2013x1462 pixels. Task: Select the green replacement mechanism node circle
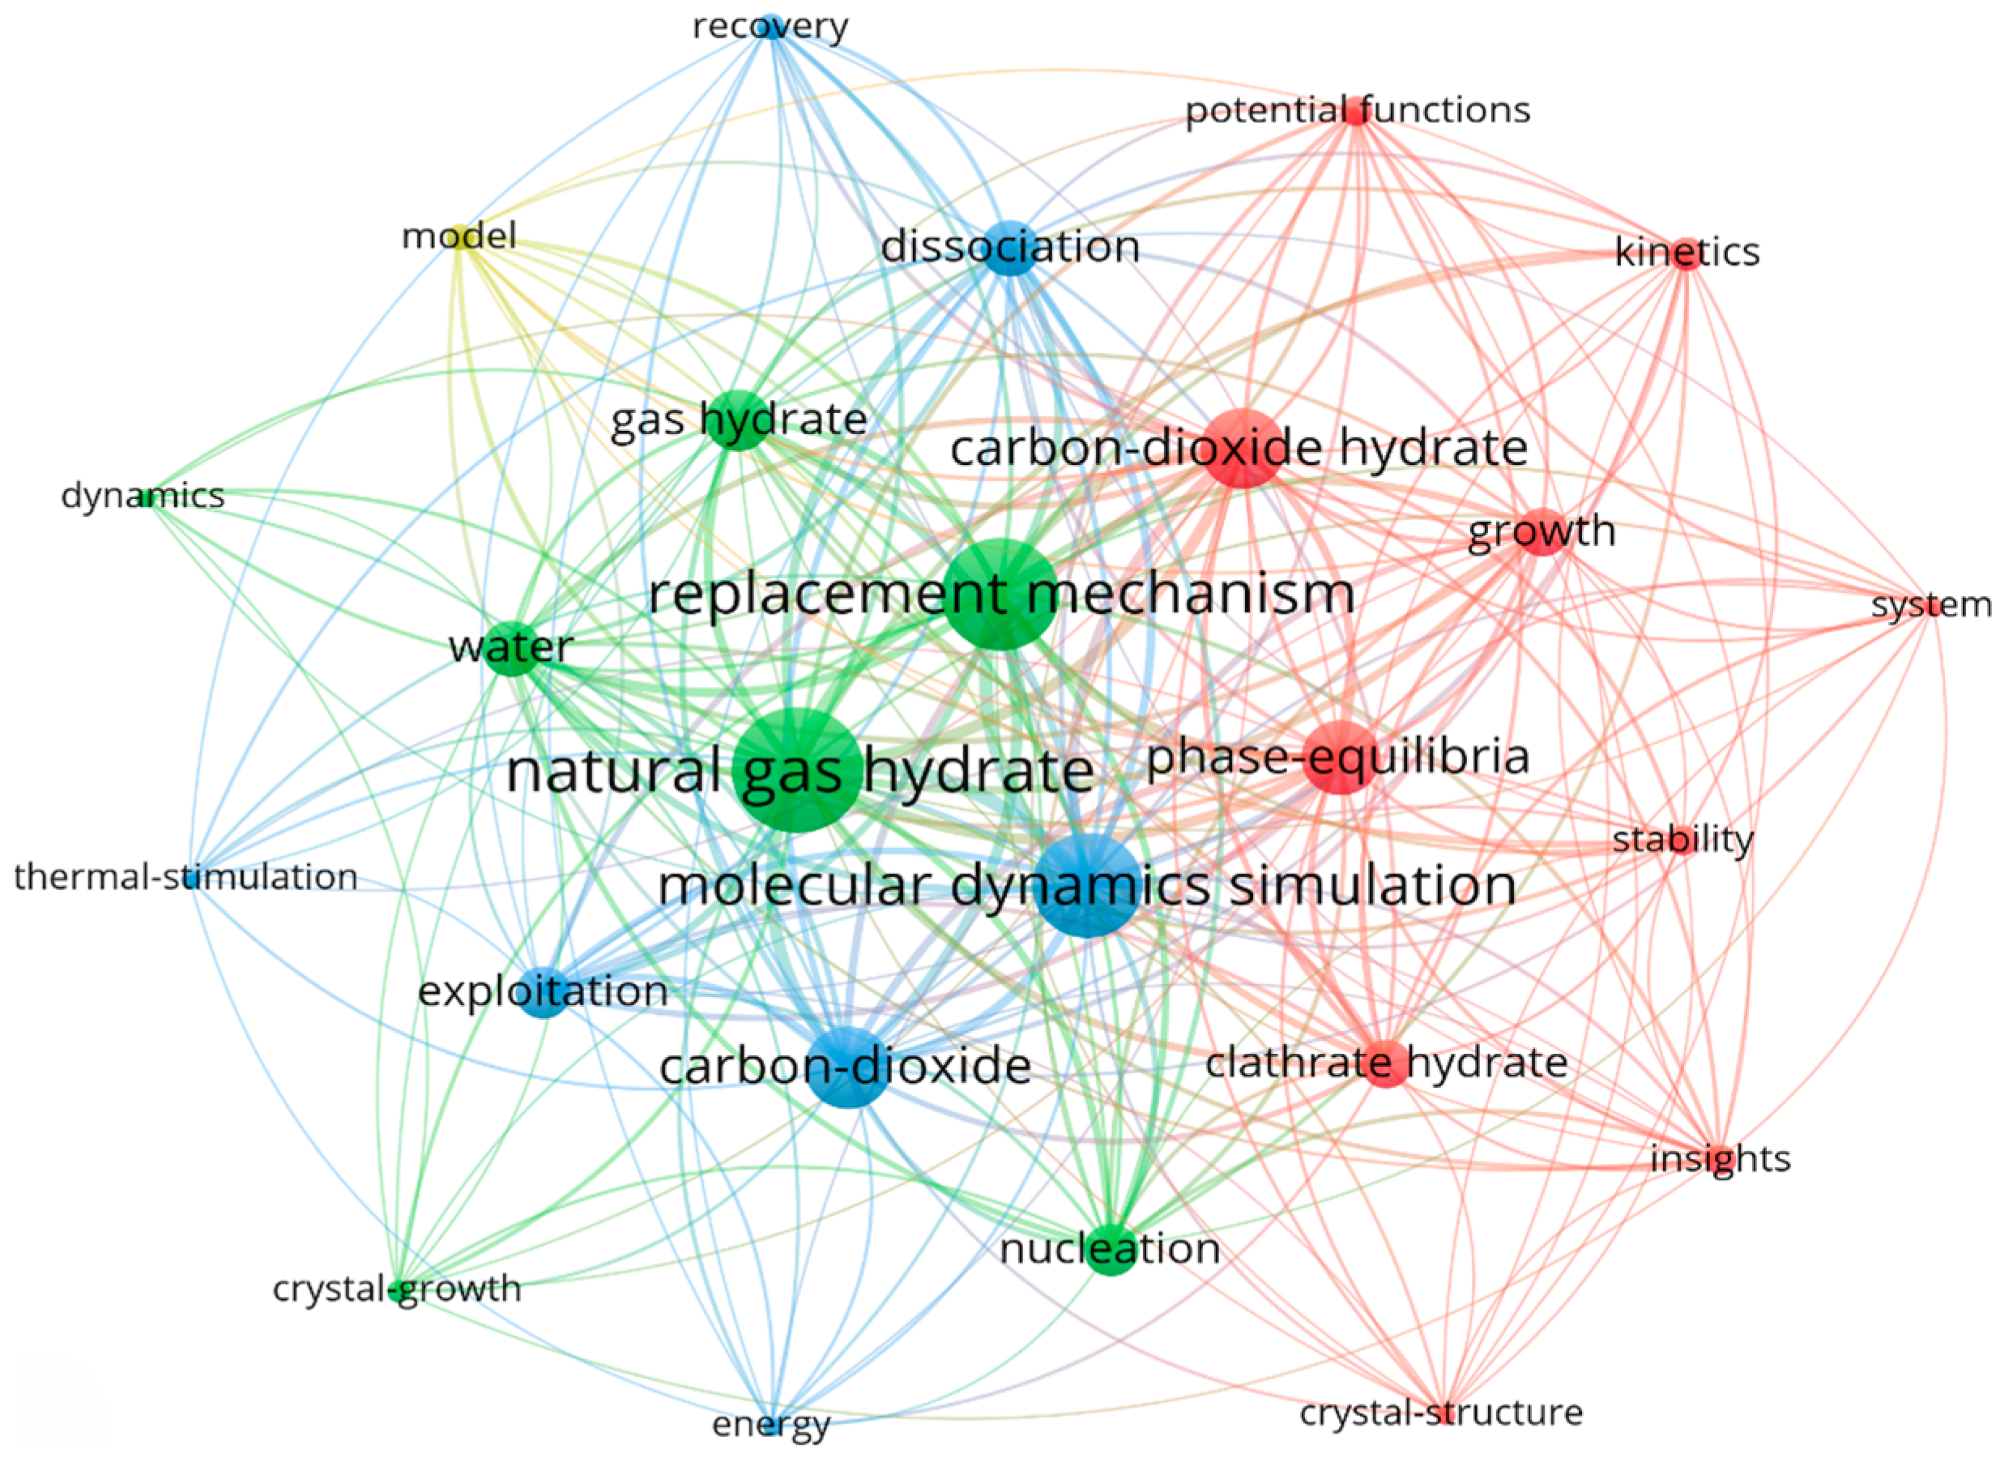(x=1000, y=594)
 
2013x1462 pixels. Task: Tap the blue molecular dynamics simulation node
(x=1088, y=885)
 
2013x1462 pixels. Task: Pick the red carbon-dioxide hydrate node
(x=1243, y=448)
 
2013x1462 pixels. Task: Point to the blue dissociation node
(x=1011, y=247)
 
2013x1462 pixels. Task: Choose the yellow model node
(x=462, y=237)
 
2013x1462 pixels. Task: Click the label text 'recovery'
(x=770, y=27)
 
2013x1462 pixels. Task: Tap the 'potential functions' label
(x=1358, y=111)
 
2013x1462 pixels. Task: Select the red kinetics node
(x=1687, y=253)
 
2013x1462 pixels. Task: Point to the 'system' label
(x=1931, y=605)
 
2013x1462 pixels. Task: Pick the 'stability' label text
(x=1682, y=840)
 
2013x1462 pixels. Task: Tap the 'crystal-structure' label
(x=1440, y=1413)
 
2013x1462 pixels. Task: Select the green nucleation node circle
(x=1111, y=1250)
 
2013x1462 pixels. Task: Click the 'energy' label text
(x=770, y=1425)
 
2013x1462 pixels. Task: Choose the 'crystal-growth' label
(x=397, y=1289)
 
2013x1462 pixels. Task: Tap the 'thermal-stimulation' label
(x=186, y=877)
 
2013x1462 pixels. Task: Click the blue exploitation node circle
(x=544, y=991)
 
